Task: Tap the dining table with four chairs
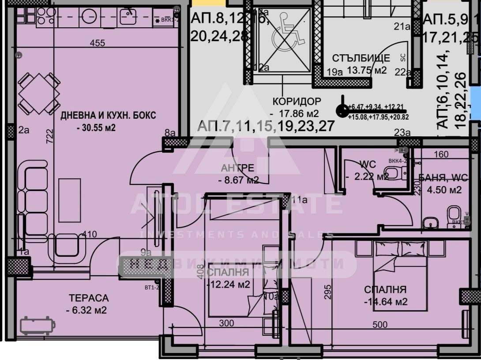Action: [x=39, y=94]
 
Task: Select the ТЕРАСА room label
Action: [x=88, y=298]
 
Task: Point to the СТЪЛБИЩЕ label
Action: [x=361, y=58]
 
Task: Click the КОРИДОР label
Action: [x=297, y=101]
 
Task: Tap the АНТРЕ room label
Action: [x=238, y=168]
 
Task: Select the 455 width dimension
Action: [x=97, y=43]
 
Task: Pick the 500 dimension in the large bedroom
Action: [x=380, y=325]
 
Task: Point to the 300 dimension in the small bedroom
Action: [x=226, y=323]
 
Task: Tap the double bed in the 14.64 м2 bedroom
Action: [x=400, y=274]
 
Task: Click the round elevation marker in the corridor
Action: [x=342, y=110]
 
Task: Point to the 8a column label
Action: [x=169, y=132]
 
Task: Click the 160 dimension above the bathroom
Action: [x=441, y=154]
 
